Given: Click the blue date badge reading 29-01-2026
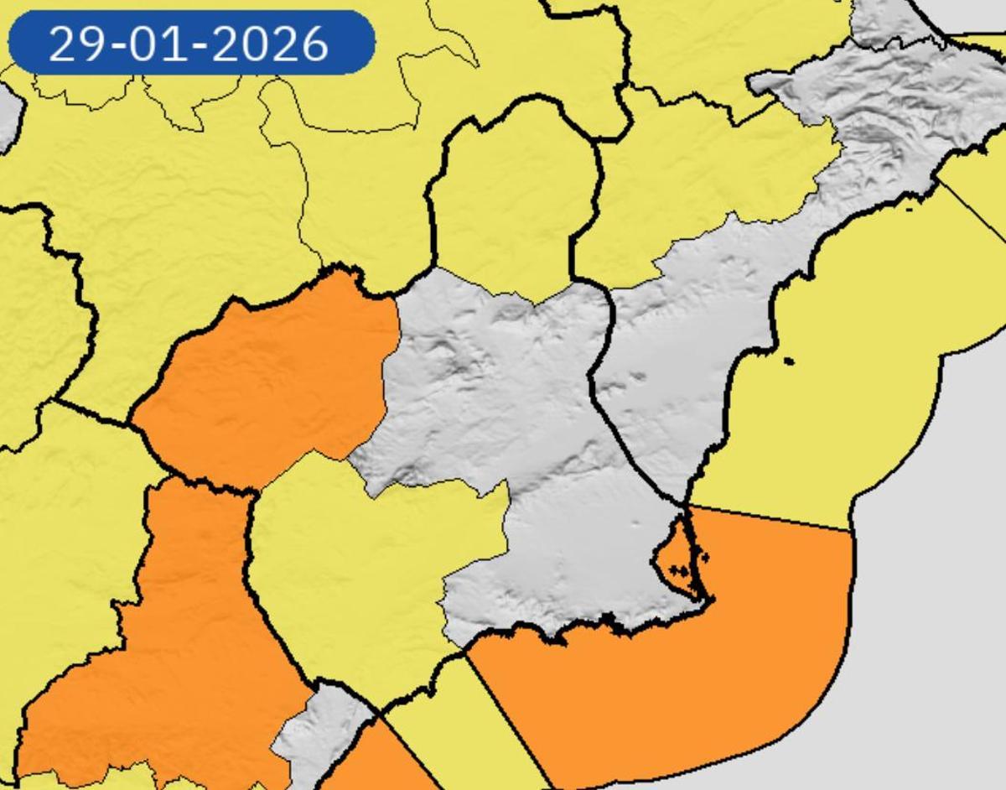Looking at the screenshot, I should tap(191, 43).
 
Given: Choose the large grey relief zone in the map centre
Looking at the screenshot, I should tap(503, 419).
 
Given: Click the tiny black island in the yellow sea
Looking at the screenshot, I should tap(788, 361).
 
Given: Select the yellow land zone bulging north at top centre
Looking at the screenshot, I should tap(511, 193).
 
